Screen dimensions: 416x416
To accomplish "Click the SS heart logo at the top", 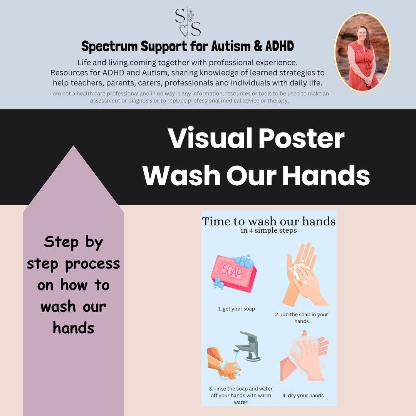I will [188, 23].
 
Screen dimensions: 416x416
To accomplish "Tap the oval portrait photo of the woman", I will [362, 52].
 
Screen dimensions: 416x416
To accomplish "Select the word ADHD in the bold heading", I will [279, 47].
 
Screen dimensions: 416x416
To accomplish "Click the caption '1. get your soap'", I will [237, 309].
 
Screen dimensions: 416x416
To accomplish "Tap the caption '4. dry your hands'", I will [303, 396].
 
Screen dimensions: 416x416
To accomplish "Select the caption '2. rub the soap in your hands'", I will [302, 318].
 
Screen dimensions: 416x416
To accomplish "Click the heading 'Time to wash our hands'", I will [269, 221].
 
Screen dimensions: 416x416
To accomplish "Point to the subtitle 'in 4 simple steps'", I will [269, 231].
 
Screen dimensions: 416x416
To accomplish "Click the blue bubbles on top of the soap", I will [243, 261].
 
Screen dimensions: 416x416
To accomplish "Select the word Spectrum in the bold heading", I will [109, 47].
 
